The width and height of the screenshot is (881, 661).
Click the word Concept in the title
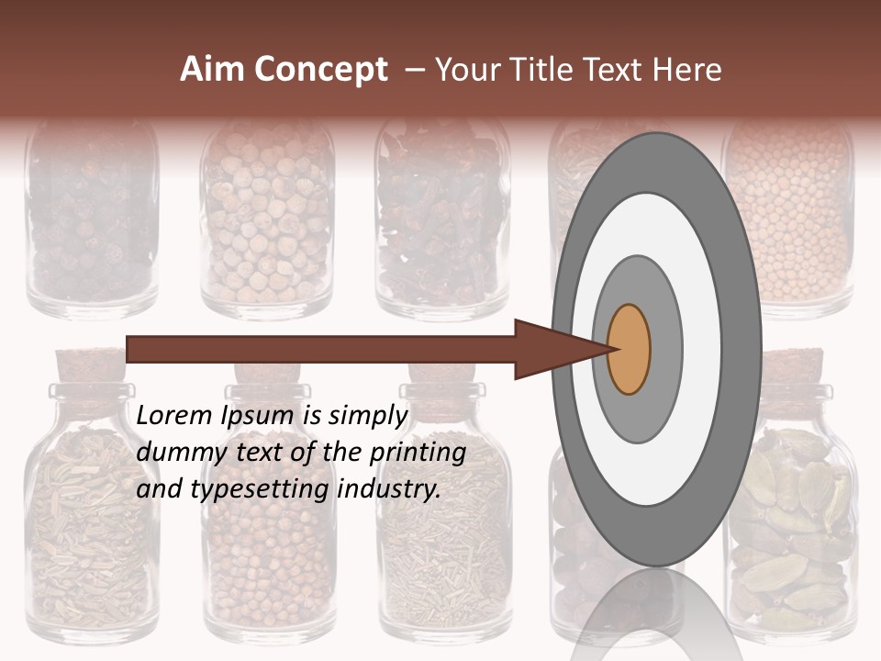click(x=319, y=70)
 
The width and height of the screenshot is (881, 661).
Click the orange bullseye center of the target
click(x=629, y=350)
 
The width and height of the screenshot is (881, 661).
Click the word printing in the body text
click(x=418, y=453)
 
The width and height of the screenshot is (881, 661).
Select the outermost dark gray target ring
click(x=745, y=350)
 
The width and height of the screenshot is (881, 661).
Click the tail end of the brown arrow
click(x=130, y=350)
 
